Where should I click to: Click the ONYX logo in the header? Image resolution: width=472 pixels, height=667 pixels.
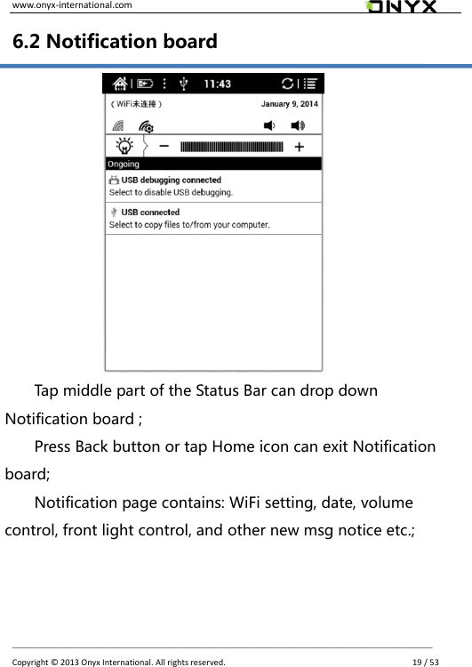tap(401, 7)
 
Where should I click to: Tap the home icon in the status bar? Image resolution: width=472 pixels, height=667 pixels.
tap(117, 84)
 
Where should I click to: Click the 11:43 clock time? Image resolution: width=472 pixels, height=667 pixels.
tap(218, 84)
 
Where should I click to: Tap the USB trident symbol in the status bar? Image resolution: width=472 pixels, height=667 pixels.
tap(183, 84)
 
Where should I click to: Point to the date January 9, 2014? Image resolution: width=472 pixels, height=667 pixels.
tap(289, 104)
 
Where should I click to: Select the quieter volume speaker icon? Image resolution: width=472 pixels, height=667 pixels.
tap(269, 126)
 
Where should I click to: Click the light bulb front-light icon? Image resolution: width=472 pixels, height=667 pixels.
tap(125, 147)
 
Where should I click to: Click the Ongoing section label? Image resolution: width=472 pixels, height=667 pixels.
tap(124, 165)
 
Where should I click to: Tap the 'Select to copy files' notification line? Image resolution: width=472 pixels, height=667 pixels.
tap(188, 225)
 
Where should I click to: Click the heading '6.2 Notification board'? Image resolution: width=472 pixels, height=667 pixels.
tap(115, 41)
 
